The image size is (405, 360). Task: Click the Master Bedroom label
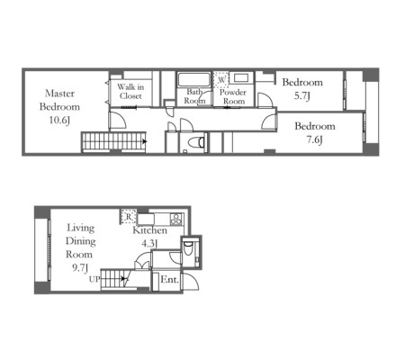point(59,100)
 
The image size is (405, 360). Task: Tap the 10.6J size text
point(59,121)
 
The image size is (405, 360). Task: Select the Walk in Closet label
point(130,92)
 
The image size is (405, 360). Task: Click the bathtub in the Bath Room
point(193,79)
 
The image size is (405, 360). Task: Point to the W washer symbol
point(221,79)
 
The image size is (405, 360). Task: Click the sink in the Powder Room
point(241,78)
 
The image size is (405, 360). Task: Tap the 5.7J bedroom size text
point(302,96)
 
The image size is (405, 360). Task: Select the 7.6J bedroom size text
point(315,139)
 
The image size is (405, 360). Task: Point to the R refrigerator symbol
point(129,216)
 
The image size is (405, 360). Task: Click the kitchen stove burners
point(175,219)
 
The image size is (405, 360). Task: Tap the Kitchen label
point(149,230)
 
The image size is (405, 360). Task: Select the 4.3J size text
point(149,243)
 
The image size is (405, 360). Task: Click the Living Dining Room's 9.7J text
point(80,267)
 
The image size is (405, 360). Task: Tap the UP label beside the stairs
point(94,279)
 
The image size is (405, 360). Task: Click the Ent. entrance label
point(169,280)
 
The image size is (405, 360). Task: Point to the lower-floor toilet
point(188,248)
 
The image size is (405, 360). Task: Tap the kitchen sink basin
point(146,219)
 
